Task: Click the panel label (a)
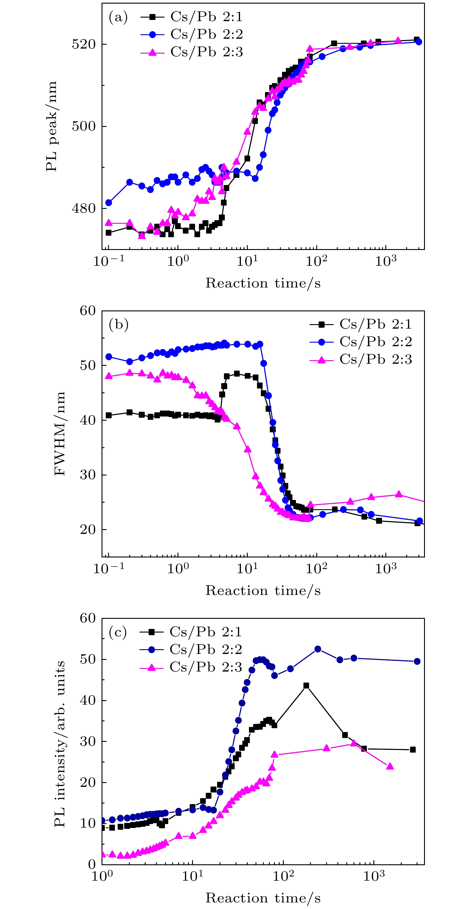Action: click(118, 17)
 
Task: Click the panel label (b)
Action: click(119, 324)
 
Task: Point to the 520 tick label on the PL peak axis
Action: click(84, 44)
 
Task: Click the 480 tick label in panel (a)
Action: click(84, 209)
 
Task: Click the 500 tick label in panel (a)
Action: click(84, 126)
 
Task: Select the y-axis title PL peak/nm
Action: click(52, 126)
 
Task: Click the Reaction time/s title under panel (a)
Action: click(263, 283)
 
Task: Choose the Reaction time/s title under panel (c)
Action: click(263, 898)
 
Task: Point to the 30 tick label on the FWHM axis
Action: click(88, 475)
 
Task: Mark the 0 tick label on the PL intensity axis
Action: click(92, 864)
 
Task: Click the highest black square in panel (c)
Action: click(306, 686)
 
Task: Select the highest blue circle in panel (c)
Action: click(318, 649)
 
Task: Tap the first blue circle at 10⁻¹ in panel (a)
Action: click(109, 203)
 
